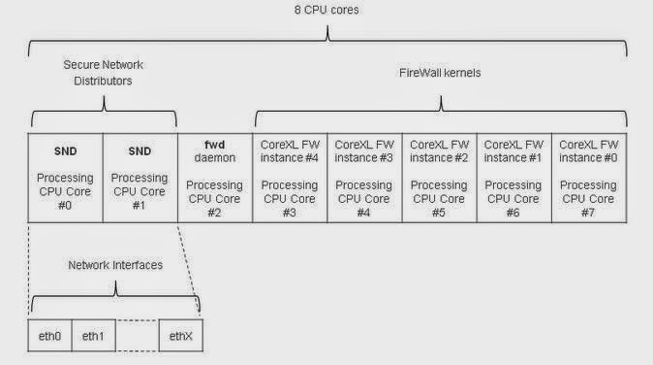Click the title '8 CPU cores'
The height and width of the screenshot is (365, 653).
(x=326, y=10)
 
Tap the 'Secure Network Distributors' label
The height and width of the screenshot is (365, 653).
(x=103, y=73)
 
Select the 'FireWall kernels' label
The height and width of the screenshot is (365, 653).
(x=440, y=73)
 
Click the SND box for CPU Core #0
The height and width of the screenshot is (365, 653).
(x=65, y=178)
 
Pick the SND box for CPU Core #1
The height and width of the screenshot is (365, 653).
(x=140, y=178)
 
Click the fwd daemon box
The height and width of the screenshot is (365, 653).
(x=215, y=178)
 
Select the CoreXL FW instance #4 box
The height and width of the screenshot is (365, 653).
(x=290, y=178)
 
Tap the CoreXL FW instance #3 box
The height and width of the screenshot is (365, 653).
(x=364, y=178)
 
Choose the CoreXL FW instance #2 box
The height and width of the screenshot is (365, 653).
(x=439, y=178)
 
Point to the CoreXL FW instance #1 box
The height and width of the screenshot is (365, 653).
(x=513, y=178)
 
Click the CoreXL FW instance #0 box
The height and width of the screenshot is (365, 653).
(x=589, y=178)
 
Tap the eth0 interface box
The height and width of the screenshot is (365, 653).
(x=50, y=336)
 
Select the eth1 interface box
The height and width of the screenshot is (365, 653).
(x=94, y=336)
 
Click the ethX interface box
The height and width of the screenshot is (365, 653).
(x=181, y=336)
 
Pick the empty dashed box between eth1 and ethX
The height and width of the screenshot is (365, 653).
(x=138, y=336)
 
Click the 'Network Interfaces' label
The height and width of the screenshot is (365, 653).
(x=115, y=265)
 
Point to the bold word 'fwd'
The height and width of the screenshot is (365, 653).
(x=215, y=145)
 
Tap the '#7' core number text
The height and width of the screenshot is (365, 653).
(x=588, y=213)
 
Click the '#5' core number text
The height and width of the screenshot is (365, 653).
(x=439, y=213)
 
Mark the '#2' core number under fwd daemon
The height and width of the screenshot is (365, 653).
(x=214, y=213)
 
